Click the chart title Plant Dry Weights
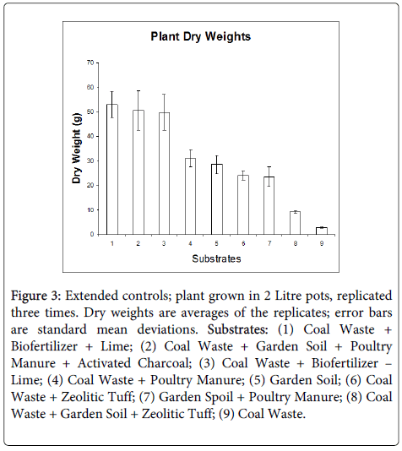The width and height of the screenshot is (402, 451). click(x=201, y=37)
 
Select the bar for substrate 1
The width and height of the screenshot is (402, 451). click(x=112, y=170)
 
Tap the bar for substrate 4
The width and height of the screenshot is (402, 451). click(x=190, y=197)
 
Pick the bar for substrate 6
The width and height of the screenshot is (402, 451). click(x=243, y=204)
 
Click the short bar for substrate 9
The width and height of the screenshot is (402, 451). click(x=322, y=231)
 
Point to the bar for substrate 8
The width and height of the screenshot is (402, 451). click(x=295, y=223)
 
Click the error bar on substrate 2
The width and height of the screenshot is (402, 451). click(x=139, y=111)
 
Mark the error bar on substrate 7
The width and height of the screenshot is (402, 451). click(x=269, y=177)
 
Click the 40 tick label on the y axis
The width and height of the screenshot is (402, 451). click(x=90, y=136)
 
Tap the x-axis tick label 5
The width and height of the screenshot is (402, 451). click(x=216, y=243)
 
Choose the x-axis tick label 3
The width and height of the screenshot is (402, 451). click(x=164, y=243)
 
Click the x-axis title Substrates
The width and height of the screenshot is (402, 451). click(x=216, y=259)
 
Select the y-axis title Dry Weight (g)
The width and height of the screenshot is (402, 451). click(x=77, y=148)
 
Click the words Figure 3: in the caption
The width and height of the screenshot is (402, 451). click(x=36, y=296)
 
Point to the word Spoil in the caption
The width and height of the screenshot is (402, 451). click(x=218, y=397)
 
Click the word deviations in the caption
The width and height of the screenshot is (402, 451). click(x=168, y=329)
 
